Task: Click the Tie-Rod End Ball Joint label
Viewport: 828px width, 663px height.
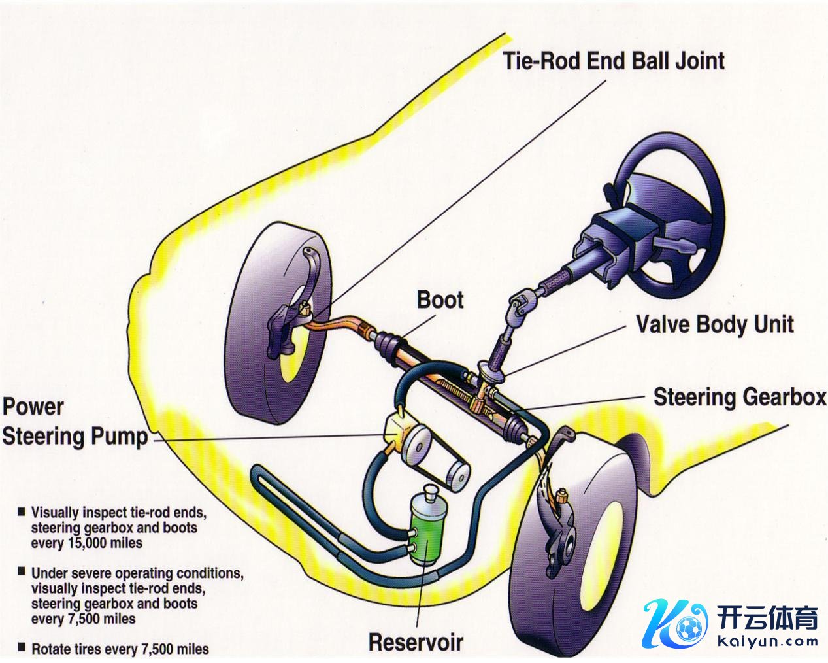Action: [x=613, y=61]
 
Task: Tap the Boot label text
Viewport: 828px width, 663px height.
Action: [x=440, y=300]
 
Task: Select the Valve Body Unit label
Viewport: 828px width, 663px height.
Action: [x=715, y=324]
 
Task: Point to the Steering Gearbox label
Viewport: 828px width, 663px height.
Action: [x=740, y=397]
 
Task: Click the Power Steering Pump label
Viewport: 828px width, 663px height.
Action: [x=75, y=422]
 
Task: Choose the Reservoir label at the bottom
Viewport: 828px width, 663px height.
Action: [x=416, y=641]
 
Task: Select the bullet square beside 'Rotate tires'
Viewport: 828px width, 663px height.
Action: [x=22, y=648]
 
